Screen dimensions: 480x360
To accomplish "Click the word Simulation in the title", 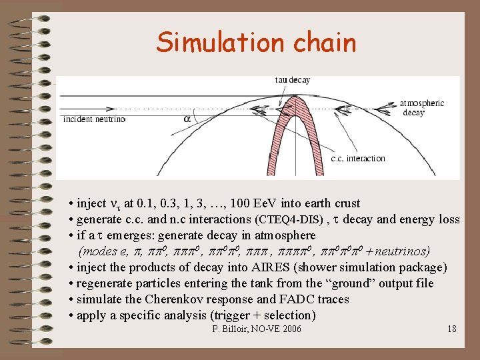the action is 216,43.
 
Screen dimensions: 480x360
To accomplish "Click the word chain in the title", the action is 323,43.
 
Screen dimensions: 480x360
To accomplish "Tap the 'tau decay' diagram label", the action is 292,80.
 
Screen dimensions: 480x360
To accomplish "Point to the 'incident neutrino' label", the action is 93,120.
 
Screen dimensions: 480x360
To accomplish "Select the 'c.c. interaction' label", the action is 358,159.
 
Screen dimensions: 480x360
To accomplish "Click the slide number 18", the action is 451,329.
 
